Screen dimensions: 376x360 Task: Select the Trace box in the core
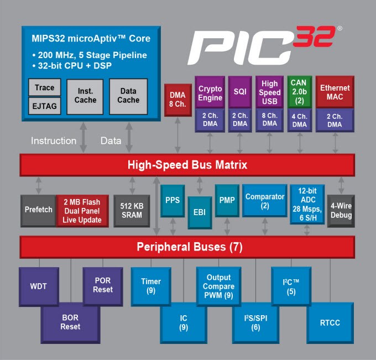pos(44,88)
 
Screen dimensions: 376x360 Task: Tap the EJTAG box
pos(44,106)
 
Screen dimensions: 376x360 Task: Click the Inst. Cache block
pos(85,96)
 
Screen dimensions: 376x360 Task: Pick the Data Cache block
pos(128,96)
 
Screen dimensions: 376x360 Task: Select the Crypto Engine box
pos(210,93)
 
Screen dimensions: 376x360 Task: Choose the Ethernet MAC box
pos(335,92)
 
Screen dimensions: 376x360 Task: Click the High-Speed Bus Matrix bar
pos(187,165)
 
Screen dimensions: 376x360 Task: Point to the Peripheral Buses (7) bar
pos(187,247)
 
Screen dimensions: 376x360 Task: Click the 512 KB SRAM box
pos(132,210)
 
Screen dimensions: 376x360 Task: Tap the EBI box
pos(200,212)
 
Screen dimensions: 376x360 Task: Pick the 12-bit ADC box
pos(307,204)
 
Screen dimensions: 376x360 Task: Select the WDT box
pos(38,286)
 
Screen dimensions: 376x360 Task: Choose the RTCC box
pos(330,323)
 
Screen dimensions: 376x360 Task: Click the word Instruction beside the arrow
pos(54,140)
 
